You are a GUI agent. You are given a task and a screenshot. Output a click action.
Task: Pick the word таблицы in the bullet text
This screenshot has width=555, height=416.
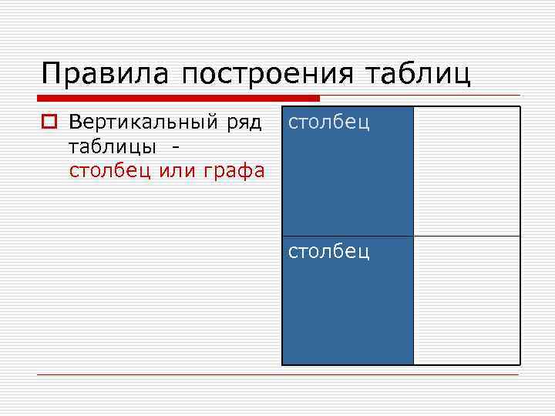[x=113, y=146]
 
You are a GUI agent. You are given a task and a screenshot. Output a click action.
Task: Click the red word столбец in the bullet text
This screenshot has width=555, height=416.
[x=110, y=169]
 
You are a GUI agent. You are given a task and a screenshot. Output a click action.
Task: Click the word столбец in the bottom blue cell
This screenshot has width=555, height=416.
[x=329, y=251]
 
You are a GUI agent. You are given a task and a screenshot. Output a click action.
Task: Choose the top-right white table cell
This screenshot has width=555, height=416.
[x=466, y=170]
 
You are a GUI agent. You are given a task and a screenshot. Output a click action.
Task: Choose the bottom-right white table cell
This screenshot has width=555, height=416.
[x=466, y=300]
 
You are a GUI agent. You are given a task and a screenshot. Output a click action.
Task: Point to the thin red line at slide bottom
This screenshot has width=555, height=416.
[x=277, y=375]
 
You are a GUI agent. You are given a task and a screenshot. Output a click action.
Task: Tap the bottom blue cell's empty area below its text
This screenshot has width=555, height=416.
[x=347, y=316]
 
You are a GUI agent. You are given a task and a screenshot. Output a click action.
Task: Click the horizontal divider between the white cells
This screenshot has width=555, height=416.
[x=466, y=236]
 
